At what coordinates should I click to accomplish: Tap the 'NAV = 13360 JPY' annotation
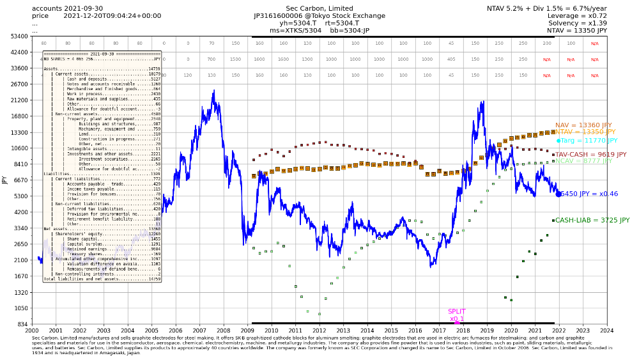point(583,125)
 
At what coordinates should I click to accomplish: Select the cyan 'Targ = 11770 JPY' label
point(590,141)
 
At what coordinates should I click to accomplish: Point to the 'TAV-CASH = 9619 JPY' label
point(590,155)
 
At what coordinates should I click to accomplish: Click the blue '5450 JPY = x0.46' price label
point(589,194)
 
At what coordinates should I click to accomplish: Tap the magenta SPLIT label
point(456,311)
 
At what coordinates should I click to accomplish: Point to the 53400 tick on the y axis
point(17,36)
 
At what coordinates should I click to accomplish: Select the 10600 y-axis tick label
point(17,148)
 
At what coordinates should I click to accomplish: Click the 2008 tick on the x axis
point(224,331)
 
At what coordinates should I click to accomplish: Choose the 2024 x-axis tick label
point(607,331)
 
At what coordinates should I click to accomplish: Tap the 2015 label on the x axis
point(391,331)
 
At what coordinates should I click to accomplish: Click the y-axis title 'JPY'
point(4,180)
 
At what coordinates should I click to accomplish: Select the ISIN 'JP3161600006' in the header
point(279,15)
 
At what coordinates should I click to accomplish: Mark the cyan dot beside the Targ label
point(558,141)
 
